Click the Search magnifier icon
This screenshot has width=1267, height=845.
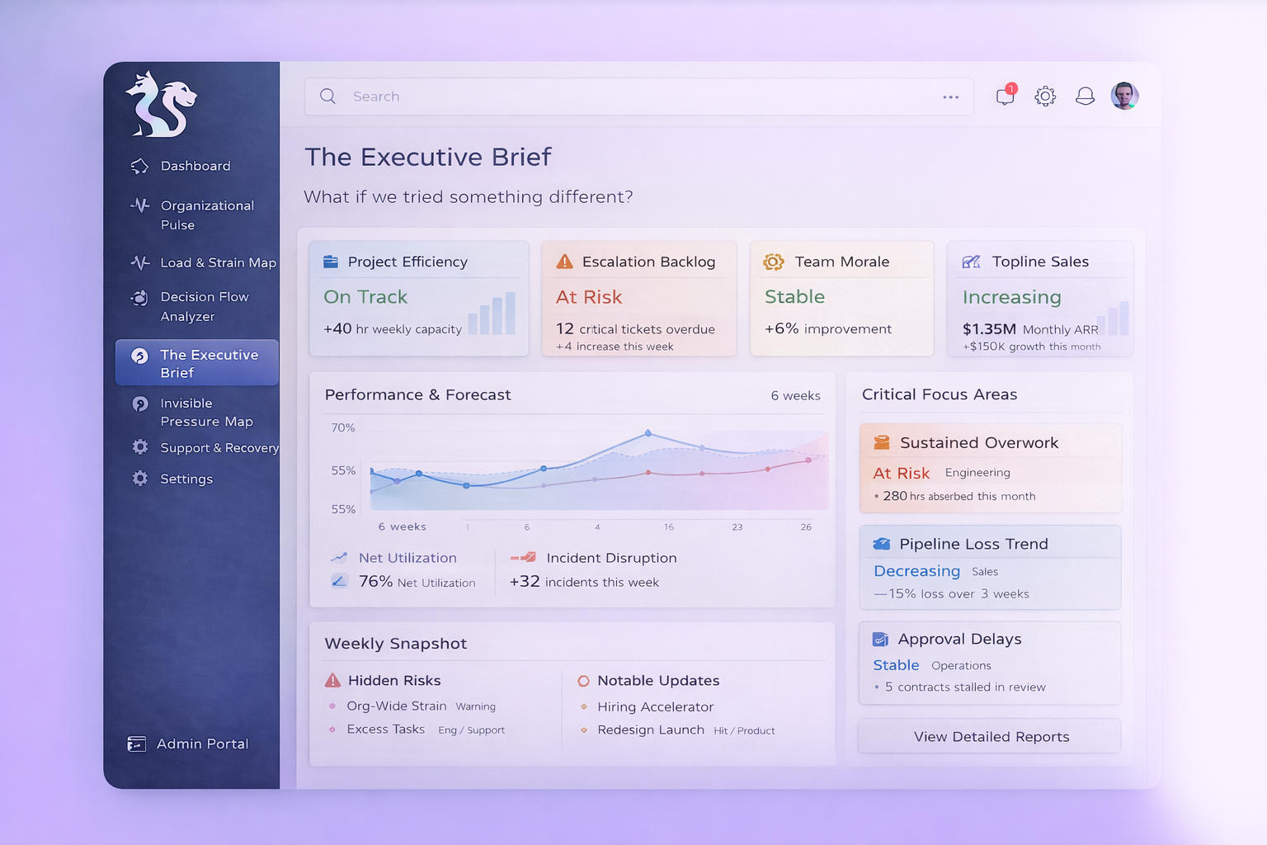pyautogui.click(x=327, y=96)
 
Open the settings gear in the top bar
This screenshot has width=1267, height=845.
pyautogui.click(x=1045, y=96)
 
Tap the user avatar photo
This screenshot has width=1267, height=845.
pyautogui.click(x=1124, y=96)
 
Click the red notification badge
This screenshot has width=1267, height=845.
pyautogui.click(x=1011, y=88)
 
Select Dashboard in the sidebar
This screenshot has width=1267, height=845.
pyautogui.click(x=195, y=166)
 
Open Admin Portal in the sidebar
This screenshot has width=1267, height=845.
pyautogui.click(x=201, y=744)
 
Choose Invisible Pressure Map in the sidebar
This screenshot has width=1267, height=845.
pyautogui.click(x=205, y=412)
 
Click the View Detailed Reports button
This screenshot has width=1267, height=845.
pyautogui.click(x=990, y=736)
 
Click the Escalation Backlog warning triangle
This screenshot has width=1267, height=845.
pyautogui.click(x=564, y=262)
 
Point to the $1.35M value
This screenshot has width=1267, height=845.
pyautogui.click(x=989, y=329)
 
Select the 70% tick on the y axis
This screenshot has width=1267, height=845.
pyautogui.click(x=342, y=427)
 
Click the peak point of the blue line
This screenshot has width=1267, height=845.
pyautogui.click(x=648, y=432)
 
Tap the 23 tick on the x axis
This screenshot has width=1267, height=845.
pyautogui.click(x=737, y=526)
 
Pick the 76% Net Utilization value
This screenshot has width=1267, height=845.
pyautogui.click(x=375, y=582)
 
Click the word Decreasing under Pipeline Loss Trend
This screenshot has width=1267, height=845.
pyautogui.click(x=916, y=571)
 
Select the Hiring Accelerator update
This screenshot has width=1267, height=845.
pyautogui.click(x=655, y=706)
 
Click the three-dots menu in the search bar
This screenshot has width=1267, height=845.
pyautogui.click(x=950, y=97)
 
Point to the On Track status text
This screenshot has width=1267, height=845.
pyautogui.click(x=365, y=297)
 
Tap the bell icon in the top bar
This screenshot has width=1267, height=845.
pyautogui.click(x=1085, y=96)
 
